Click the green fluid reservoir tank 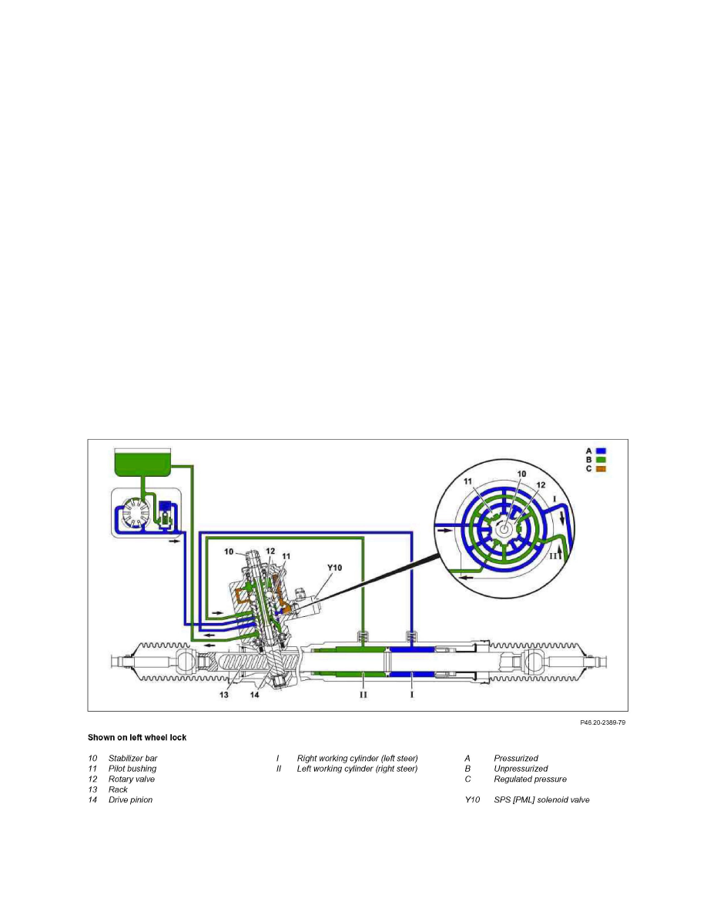coord(142,461)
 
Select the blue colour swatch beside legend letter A coord(601,451)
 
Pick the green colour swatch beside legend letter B coord(601,460)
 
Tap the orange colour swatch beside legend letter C coord(601,469)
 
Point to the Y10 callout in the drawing coord(335,567)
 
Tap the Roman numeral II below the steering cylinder coord(363,694)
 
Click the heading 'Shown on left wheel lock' coord(137,737)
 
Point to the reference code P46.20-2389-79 coord(602,722)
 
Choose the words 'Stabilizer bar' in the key coord(132,759)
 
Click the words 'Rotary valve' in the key coord(132,779)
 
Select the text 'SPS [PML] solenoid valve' coord(542,800)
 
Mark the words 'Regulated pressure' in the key coord(530,779)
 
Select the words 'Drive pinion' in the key coord(130,800)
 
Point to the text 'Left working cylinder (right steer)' coord(357,769)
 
